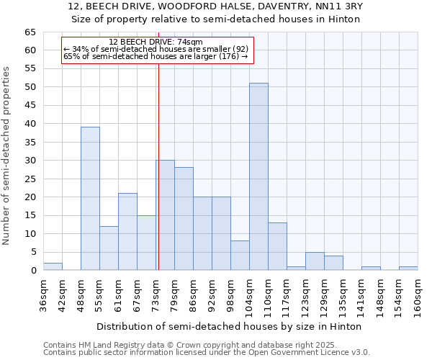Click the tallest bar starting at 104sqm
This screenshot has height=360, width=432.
258,176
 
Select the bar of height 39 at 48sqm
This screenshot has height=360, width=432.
90,199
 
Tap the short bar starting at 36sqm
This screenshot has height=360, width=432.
53,266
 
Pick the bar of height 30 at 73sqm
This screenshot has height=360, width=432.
165,215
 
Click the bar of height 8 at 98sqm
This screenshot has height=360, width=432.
240,256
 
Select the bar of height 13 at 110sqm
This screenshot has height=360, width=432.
277,246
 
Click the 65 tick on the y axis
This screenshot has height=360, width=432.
30,32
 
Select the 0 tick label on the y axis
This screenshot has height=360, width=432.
33,271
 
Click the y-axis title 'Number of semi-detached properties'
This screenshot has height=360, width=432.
7,155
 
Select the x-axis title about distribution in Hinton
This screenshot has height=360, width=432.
228,326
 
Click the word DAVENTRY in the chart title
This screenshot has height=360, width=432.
279,6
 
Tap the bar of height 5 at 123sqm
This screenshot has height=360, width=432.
315,261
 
